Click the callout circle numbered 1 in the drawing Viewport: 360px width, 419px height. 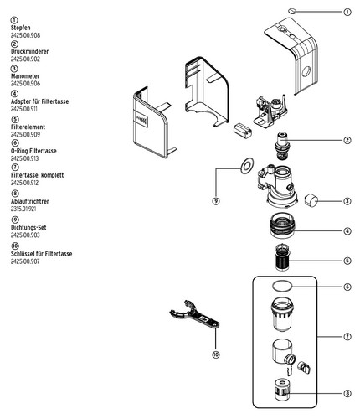click(x=347, y=12)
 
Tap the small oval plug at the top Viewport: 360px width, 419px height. click(x=292, y=11)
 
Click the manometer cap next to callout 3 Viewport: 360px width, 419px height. click(x=311, y=200)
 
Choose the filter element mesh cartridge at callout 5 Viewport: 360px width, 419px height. click(x=282, y=257)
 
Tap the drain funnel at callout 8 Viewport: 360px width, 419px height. click(x=282, y=390)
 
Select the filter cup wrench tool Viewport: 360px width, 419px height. click(x=194, y=315)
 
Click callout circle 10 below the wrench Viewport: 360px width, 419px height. click(x=216, y=354)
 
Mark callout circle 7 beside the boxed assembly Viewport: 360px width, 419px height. click(x=347, y=337)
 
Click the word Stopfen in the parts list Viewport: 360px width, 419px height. click(x=21, y=28)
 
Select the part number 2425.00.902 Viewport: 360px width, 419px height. click(x=25, y=59)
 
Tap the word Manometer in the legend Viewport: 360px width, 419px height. click(x=25, y=76)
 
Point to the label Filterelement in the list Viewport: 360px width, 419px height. click(x=28, y=127)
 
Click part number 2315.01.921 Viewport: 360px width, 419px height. click(x=23, y=209)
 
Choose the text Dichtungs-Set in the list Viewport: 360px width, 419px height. click(x=28, y=227)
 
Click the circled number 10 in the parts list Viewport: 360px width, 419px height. click(x=15, y=246)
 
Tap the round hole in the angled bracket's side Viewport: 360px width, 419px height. click(x=306, y=72)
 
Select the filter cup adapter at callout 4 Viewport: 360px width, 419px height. click(x=282, y=225)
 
